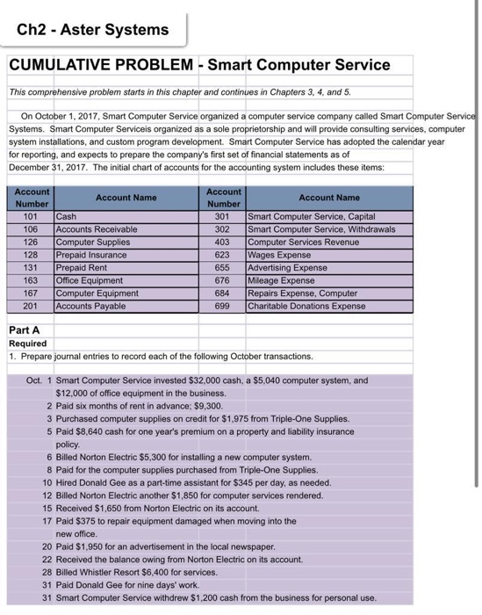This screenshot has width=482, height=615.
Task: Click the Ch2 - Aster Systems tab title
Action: [93, 30]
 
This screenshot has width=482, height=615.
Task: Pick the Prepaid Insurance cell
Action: [91, 256]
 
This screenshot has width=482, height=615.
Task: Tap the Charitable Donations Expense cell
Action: [307, 307]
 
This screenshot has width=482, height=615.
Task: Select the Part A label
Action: [25, 331]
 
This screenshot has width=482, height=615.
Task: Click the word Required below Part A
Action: [28, 344]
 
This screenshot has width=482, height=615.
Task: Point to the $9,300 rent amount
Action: [206, 407]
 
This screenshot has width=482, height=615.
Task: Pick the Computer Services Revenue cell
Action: [304, 242]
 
